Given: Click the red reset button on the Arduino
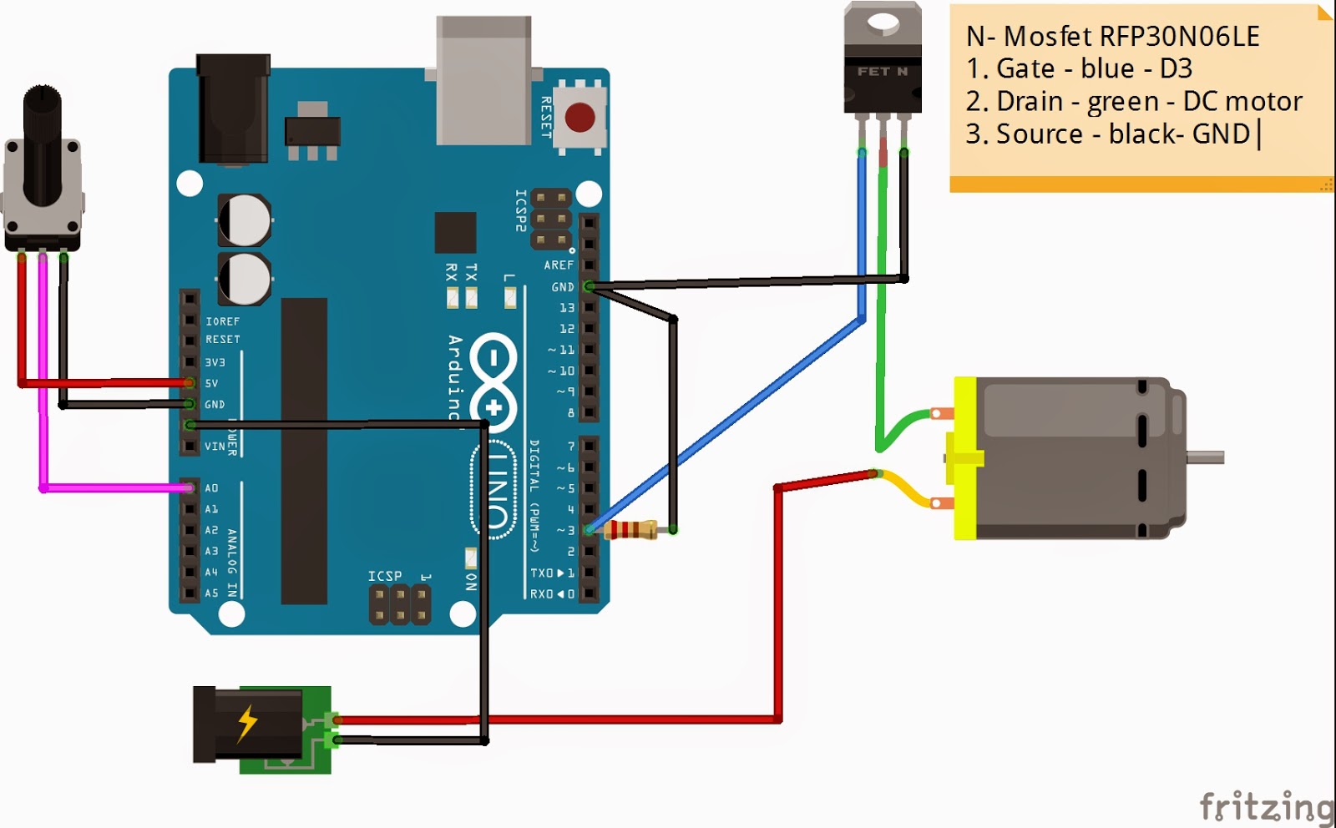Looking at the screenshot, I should point(579,118).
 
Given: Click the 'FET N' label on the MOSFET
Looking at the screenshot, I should point(882,72).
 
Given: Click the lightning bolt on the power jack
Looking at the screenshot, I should point(247,723).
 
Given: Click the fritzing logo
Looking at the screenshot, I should point(1266,807).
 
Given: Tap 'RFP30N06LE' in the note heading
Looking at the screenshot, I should point(1179,36).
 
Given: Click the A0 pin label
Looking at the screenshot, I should point(211,488).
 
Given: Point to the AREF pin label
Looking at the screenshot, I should point(559,265).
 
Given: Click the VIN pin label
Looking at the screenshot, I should point(215,447).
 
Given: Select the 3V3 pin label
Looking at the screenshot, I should point(215,362).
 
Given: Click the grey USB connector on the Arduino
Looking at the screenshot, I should point(483,80).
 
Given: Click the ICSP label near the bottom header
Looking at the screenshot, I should point(385,576).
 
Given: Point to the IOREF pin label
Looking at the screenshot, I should point(222,321).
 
